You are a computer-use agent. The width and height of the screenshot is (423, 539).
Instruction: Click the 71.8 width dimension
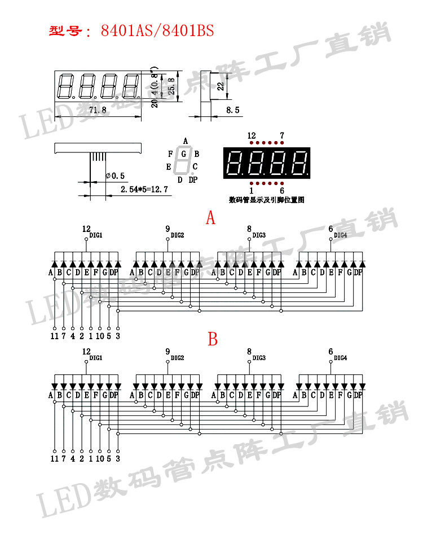pos(98,110)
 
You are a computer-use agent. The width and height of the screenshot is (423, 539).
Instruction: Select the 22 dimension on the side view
pos(221,86)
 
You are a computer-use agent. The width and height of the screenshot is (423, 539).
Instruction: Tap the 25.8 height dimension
pos(171,86)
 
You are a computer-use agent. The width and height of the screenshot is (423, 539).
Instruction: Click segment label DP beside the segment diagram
pos(193,179)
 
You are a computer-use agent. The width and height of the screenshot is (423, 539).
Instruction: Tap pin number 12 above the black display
pos(252,136)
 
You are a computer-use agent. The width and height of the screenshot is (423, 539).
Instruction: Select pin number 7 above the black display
pos(282,136)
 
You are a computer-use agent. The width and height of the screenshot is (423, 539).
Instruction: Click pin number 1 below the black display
pos(251,191)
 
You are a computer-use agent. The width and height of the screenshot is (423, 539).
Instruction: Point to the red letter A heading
pos(210,218)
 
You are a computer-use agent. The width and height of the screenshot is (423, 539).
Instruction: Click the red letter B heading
pos(212,339)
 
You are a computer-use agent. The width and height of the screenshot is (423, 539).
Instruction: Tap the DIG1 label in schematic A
pos(96,235)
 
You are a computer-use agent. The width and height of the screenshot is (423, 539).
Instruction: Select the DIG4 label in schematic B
pos(341,358)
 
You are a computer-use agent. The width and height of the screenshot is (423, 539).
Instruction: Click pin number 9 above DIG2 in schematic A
pos(168,229)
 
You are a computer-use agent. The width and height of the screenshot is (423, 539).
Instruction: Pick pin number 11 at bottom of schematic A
pos(54,336)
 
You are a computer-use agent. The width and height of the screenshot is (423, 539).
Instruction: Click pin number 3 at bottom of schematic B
pos(117,459)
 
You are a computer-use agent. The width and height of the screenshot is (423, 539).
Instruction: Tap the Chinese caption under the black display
pos(267,200)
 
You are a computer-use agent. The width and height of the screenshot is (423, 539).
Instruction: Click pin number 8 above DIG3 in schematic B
pos(249,351)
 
